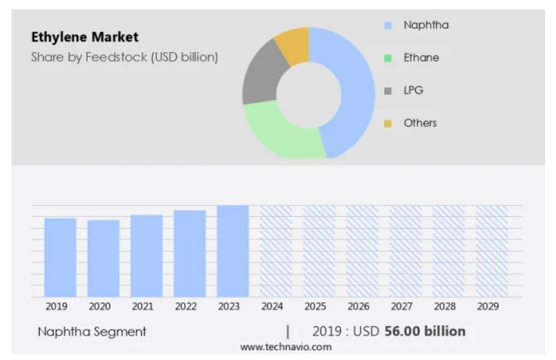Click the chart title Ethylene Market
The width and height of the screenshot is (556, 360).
pos(85,37)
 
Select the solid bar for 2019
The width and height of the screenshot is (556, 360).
pos(60,257)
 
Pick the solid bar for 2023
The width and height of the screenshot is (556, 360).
pos(233,251)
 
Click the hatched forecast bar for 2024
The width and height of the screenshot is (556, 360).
pos(276,251)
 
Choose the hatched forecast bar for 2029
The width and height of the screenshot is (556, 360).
pos(492,251)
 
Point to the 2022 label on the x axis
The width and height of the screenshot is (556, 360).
pos(185,307)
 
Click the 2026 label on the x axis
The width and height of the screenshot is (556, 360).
pos(358,307)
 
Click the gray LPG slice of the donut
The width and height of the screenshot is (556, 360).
pos(260,76)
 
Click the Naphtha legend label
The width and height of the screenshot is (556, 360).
pos(426,25)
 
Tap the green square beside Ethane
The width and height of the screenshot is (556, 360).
pos(387,58)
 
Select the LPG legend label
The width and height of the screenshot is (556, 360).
pos(413,90)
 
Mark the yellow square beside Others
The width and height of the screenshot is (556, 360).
pos(387,123)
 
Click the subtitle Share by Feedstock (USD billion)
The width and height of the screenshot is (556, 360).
pos(124,57)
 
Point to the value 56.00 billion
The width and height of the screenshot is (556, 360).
pos(425,331)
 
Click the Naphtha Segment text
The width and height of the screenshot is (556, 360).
pos(92,332)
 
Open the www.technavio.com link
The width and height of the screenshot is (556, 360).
pos(286,347)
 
